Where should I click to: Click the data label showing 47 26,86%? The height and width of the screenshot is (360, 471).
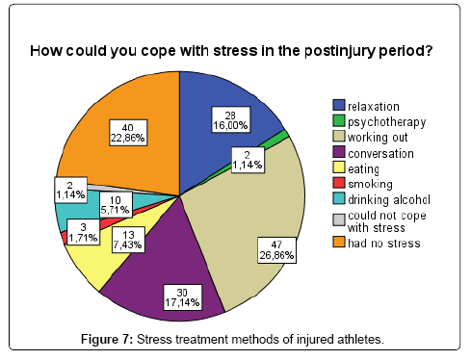[x=276, y=250]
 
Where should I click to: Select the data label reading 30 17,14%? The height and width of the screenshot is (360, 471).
[x=182, y=297]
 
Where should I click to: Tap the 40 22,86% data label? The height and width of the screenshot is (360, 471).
[x=128, y=133]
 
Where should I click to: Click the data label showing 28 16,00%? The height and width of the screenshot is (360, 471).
[x=230, y=119]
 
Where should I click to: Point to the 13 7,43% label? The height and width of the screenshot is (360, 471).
[x=128, y=240]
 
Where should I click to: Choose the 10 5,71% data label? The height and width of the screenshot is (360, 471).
[x=115, y=205]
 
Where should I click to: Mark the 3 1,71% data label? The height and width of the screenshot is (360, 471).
[x=83, y=232]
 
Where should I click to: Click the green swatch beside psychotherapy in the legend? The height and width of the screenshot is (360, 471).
[x=339, y=121]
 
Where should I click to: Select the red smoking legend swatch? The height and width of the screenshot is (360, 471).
[x=339, y=183]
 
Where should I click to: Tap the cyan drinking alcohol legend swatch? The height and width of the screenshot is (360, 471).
[x=339, y=198]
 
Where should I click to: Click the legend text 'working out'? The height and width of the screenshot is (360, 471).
[x=378, y=138]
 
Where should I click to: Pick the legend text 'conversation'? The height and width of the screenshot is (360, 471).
[x=380, y=153]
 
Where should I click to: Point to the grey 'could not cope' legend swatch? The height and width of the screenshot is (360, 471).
[x=339, y=220]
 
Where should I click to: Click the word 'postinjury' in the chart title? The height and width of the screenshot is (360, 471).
[x=340, y=51]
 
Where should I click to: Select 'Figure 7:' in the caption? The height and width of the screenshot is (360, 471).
[x=107, y=339]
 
